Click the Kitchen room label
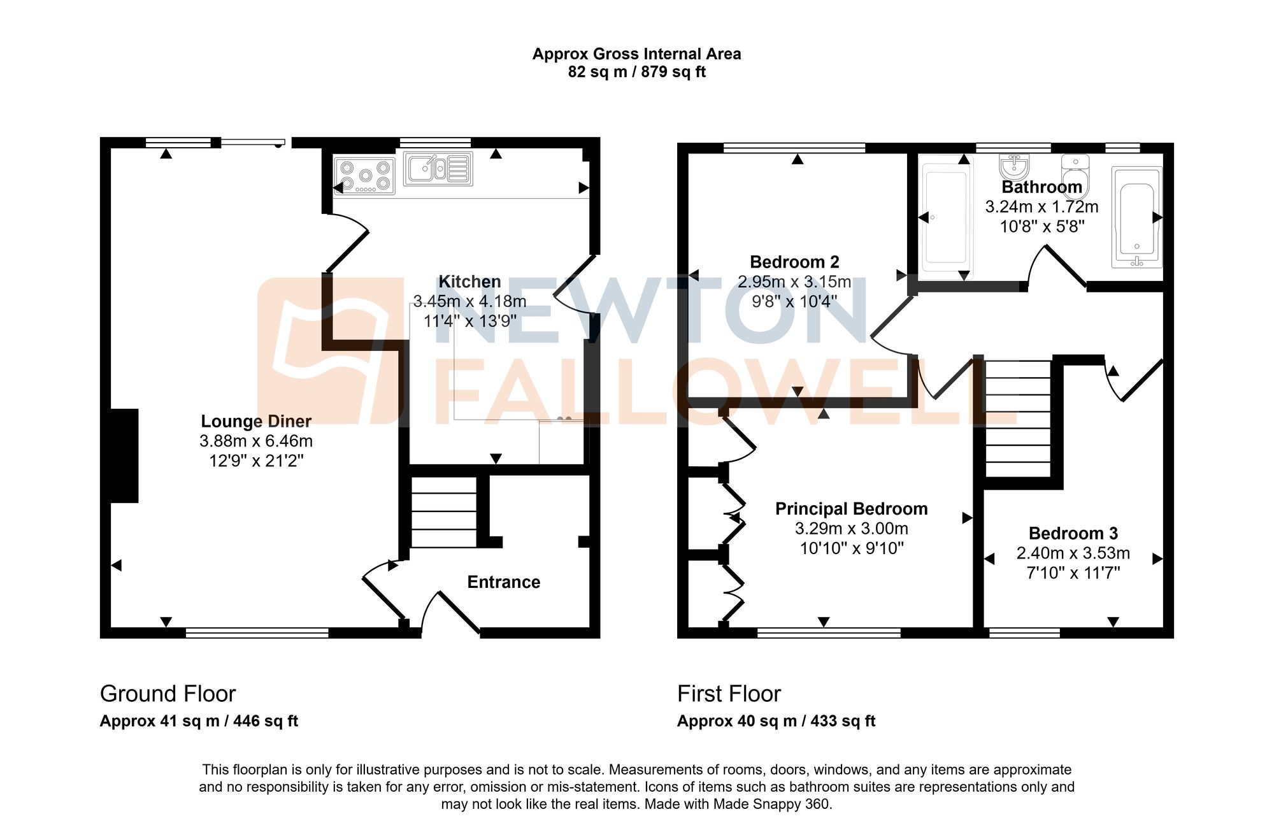tap(469, 282)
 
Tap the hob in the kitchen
tap(364, 176)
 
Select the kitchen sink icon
tap(438, 169)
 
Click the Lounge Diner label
tap(256, 421)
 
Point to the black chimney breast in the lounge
tap(124, 455)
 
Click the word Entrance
tap(503, 582)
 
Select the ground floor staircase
tap(443, 512)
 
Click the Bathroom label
tap(1041, 187)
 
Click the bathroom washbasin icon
tap(1013, 166)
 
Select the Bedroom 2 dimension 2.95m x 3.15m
tap(794, 282)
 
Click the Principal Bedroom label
tap(851, 509)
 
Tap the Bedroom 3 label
tap(1073, 533)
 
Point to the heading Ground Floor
tap(168, 694)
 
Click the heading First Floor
tap(729, 694)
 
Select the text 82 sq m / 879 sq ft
tap(636, 72)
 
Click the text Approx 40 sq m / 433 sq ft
tap(776, 721)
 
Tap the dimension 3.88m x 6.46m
tap(256, 441)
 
